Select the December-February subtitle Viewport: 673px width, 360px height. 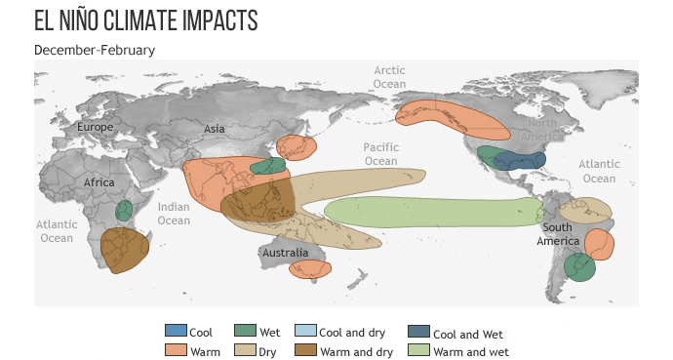(95, 49)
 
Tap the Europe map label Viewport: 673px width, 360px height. (96, 127)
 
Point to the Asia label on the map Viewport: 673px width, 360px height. (214, 129)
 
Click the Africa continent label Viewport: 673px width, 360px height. (99, 182)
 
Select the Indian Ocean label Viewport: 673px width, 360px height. (174, 214)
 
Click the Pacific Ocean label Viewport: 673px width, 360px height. (381, 154)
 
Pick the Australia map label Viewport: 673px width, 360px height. (285, 253)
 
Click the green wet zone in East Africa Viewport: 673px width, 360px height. (124, 210)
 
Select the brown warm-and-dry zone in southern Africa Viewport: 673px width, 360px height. (125, 250)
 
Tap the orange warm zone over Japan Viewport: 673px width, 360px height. (297, 147)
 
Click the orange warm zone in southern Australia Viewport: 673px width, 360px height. (310, 268)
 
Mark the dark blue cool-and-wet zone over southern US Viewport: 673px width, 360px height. (519, 161)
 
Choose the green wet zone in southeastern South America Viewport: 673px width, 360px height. (579, 266)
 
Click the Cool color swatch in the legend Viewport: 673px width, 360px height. (175, 333)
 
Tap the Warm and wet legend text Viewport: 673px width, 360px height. (471, 352)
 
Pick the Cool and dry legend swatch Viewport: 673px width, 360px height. (305, 333)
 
